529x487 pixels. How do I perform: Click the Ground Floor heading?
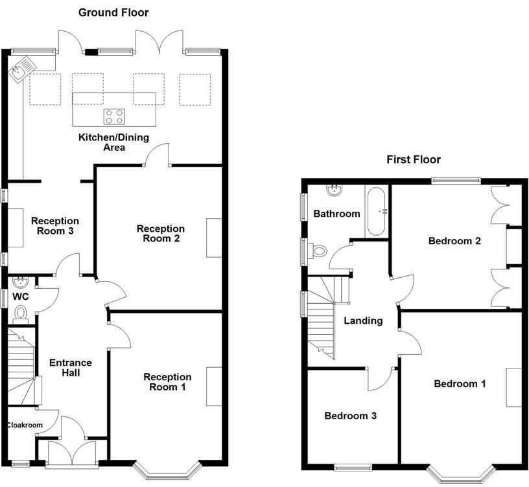(113, 12)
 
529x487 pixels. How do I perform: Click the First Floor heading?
(413, 159)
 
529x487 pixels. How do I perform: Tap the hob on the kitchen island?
(114, 117)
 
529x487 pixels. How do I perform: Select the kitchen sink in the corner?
(18, 69)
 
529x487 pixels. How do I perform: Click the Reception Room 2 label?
(160, 233)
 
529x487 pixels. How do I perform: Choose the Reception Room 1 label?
(167, 381)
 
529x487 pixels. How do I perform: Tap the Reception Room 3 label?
(55, 225)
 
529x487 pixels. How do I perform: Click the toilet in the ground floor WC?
(21, 313)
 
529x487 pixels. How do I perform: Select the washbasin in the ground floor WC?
(20, 282)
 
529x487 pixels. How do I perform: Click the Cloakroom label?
(25, 425)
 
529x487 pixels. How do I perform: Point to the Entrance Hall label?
(71, 367)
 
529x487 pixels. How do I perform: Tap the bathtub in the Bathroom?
(377, 212)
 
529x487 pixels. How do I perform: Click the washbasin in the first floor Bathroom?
(334, 190)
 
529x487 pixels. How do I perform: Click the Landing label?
(362, 321)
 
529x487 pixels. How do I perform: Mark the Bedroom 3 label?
(350, 416)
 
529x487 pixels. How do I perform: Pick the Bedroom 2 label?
(454, 241)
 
